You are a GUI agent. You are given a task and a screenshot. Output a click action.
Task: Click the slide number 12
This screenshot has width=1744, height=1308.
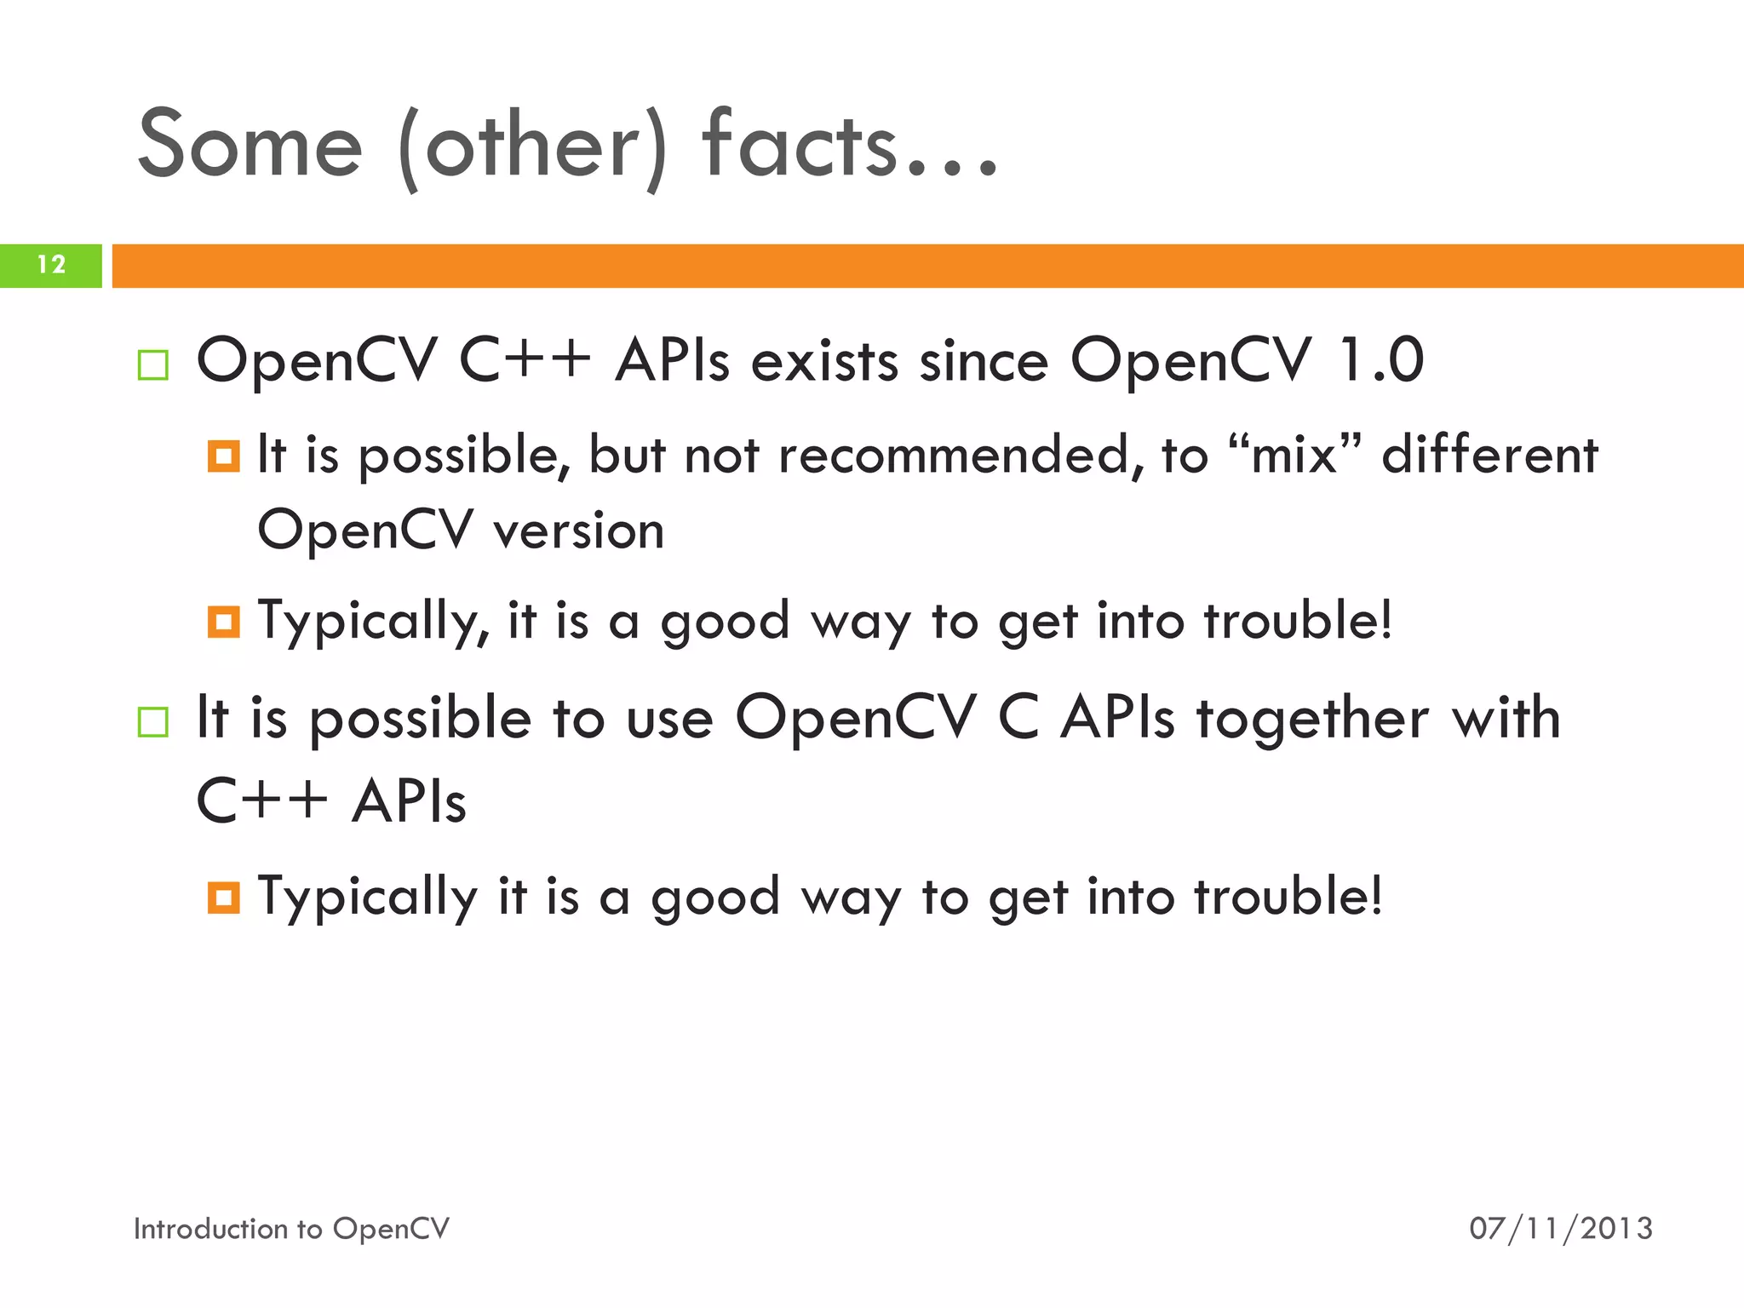(x=51, y=265)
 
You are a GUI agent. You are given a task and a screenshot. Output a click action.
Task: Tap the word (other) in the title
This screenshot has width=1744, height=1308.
(x=532, y=146)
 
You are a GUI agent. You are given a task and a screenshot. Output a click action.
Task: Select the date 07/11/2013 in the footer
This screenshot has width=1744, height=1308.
(x=1560, y=1228)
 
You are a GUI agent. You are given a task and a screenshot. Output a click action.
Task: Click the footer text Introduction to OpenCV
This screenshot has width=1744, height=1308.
(x=291, y=1228)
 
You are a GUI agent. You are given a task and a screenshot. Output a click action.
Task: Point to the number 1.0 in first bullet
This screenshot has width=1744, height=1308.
(x=1380, y=359)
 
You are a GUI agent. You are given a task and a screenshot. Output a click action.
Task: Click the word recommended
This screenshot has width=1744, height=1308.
(x=961, y=455)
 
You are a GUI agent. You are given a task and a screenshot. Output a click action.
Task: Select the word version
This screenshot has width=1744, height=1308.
(x=579, y=531)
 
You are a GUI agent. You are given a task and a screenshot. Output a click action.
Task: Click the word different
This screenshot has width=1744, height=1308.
(x=1489, y=455)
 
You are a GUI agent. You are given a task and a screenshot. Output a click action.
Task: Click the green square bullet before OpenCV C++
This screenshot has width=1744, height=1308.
(x=153, y=365)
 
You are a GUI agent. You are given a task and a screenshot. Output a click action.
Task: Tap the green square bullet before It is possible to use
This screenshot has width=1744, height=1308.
(x=153, y=722)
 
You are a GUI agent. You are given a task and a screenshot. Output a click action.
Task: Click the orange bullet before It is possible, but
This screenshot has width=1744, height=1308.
(x=223, y=456)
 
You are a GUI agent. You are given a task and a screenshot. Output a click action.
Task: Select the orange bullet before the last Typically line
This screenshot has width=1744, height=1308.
(x=223, y=898)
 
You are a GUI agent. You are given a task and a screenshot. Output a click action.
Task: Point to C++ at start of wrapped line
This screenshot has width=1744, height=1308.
(x=261, y=801)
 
